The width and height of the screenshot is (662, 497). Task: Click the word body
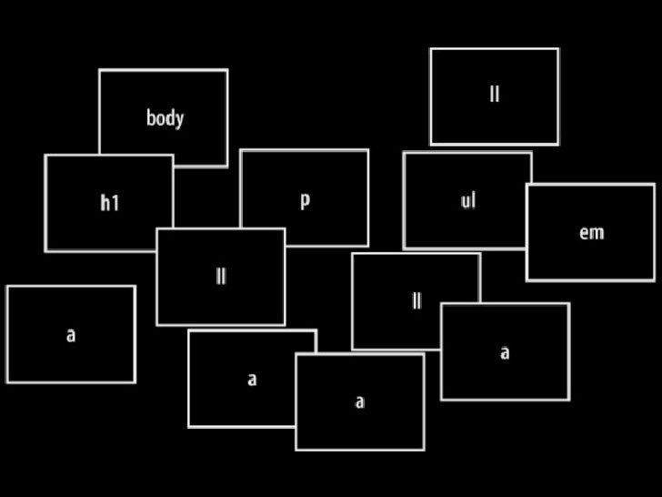[x=165, y=117]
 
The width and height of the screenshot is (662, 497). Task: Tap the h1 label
[x=109, y=202]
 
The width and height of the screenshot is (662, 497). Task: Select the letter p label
[x=305, y=200]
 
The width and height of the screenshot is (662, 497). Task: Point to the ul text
[x=467, y=200]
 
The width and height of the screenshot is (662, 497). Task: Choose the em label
[x=591, y=232]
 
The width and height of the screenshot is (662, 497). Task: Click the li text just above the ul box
[x=494, y=95]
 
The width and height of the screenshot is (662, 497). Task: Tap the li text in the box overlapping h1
[x=221, y=277]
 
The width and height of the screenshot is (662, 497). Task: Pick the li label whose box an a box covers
[x=416, y=301]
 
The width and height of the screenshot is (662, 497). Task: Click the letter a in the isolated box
[x=71, y=335]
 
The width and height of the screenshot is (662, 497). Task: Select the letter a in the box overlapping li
[x=505, y=352]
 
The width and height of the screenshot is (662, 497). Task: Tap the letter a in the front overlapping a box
[x=360, y=401]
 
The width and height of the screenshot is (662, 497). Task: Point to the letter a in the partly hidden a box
[x=252, y=380]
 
